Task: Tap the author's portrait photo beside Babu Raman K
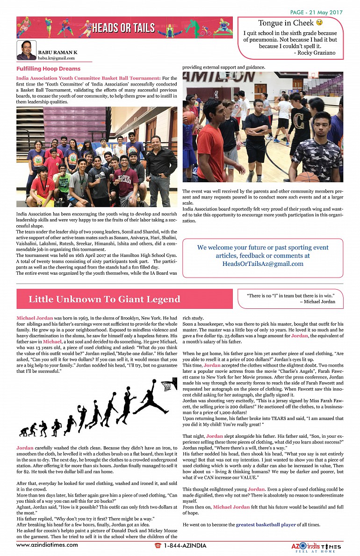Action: [26, 50]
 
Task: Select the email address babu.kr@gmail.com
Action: [56, 57]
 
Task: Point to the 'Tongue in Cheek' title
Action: [286, 23]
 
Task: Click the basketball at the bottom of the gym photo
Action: [308, 177]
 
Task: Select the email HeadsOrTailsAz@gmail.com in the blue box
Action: [263, 264]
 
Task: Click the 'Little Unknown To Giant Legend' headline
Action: [104, 299]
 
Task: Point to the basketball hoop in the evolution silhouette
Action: [167, 386]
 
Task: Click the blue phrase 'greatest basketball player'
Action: [266, 525]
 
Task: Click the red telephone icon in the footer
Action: [158, 546]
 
